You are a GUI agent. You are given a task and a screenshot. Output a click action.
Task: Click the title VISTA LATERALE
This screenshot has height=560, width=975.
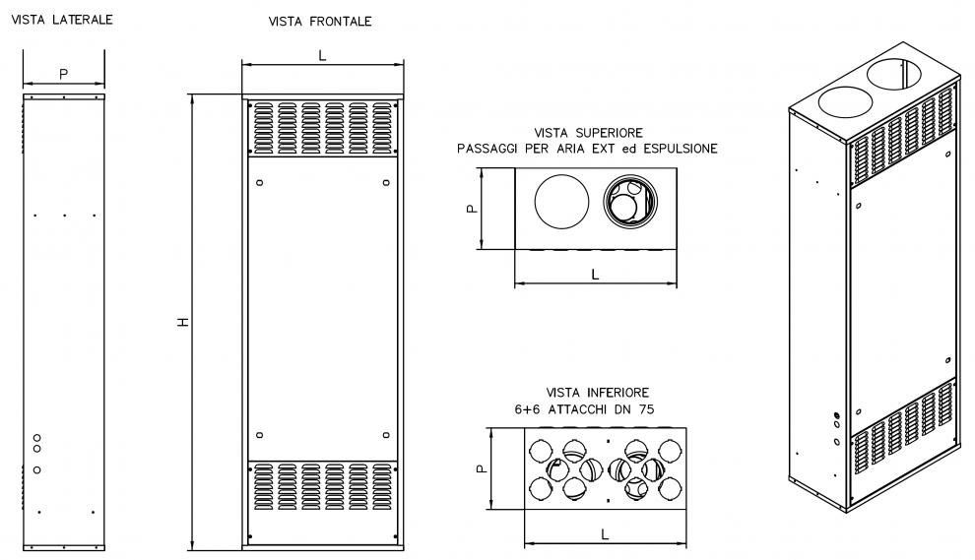62,20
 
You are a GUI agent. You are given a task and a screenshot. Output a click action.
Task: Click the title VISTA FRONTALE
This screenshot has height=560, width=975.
320,21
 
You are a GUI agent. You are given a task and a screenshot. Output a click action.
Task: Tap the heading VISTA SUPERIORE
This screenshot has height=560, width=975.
588,133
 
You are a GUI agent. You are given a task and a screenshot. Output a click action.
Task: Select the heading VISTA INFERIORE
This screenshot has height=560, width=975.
598,392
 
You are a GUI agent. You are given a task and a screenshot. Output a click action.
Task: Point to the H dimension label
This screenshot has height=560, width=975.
183,322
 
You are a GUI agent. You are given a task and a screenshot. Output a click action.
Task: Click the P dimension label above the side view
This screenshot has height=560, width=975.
63,74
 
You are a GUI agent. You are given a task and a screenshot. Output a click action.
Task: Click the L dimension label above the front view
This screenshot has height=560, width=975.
322,56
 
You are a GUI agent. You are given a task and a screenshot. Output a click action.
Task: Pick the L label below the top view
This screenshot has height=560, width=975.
595,275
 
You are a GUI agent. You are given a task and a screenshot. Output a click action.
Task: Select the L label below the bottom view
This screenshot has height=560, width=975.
605,533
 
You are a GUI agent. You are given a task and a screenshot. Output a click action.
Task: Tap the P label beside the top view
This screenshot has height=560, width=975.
473,209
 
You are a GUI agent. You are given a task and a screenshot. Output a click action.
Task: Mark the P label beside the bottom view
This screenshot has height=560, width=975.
482,468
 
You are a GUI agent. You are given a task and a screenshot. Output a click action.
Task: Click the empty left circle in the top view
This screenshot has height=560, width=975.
561,202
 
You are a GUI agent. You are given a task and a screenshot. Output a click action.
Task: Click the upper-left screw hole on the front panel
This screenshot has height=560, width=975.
260,182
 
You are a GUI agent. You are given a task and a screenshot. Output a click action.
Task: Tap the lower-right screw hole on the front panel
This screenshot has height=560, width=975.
386,435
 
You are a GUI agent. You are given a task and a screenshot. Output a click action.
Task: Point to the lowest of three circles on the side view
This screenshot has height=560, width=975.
37,469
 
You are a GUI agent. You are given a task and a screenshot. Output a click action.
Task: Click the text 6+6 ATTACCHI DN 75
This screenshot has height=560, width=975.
584,409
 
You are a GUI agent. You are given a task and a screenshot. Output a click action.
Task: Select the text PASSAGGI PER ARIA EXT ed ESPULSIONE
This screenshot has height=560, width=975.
588,149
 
